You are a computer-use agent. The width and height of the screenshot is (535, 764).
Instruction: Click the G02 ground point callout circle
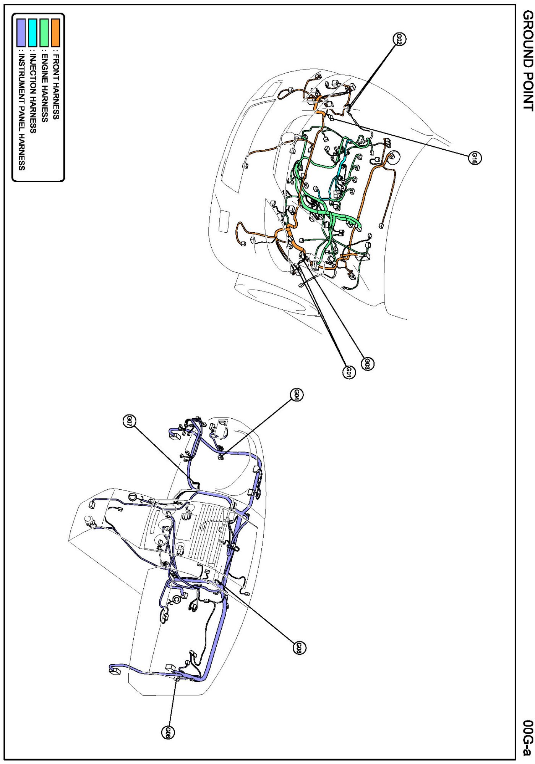click(x=399, y=39)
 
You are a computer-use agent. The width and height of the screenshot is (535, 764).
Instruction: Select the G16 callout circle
click(x=475, y=158)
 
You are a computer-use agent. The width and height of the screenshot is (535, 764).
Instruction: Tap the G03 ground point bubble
click(x=368, y=364)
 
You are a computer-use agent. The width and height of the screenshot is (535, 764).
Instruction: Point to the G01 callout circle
click(x=349, y=372)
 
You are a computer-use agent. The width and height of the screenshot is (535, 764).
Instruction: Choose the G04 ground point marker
click(x=297, y=395)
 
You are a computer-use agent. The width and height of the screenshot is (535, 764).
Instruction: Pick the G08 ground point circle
click(x=299, y=647)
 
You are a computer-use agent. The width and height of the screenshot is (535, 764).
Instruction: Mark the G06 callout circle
click(x=168, y=732)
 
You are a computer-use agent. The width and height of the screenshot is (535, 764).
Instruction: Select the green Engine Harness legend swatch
click(x=44, y=32)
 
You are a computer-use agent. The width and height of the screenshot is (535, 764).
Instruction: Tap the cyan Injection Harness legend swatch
click(x=33, y=32)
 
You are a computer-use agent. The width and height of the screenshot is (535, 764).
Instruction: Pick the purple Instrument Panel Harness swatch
click(x=21, y=32)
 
